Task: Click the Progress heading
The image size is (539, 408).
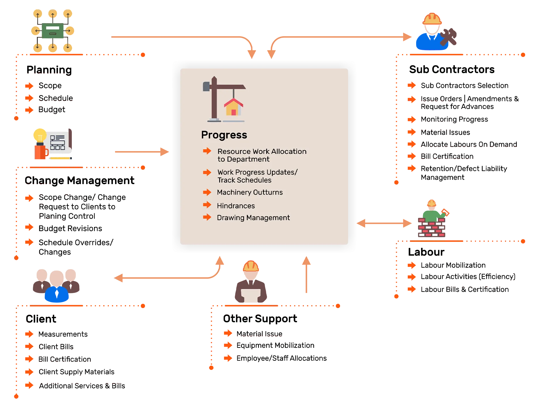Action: coord(224,135)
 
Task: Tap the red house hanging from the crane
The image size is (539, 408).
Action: coord(233,107)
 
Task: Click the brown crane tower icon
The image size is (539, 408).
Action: coord(214,98)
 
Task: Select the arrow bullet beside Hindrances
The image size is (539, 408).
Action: coord(207,205)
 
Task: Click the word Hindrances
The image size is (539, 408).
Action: coord(236,206)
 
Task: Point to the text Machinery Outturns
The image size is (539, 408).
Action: coord(249,192)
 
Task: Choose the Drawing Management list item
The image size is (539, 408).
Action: coord(253,218)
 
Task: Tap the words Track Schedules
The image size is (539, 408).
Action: coord(244,180)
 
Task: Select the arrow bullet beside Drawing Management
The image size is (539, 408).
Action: coord(207,217)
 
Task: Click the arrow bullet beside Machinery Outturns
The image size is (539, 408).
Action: coord(207,192)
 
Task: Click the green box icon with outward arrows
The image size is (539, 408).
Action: coord(52,31)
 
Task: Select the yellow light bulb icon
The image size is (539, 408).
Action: coord(40,135)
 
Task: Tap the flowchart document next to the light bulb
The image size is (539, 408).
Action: coord(58,143)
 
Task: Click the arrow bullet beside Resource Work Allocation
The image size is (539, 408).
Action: coord(207,151)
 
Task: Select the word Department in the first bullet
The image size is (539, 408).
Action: coord(248,159)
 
